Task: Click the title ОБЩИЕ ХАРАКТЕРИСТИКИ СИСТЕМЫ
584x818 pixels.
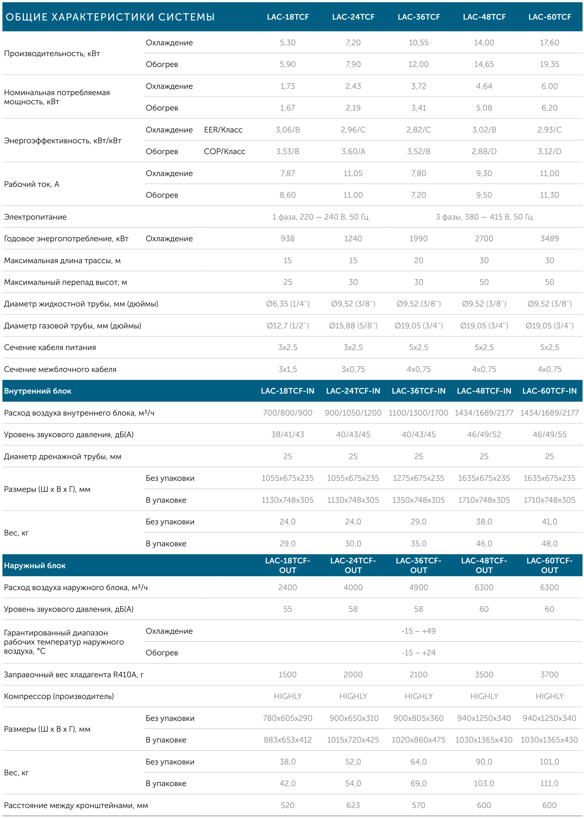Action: click(x=110, y=17)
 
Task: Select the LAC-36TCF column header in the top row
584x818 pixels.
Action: click(x=419, y=17)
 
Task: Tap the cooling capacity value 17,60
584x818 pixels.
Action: click(x=549, y=42)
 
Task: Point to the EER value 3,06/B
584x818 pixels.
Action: click(x=288, y=130)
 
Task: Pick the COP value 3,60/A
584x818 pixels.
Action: click(x=353, y=152)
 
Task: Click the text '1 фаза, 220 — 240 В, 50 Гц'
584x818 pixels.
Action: click(x=320, y=217)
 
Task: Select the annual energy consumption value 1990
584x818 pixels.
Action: click(x=419, y=239)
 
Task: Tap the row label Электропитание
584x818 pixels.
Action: click(x=35, y=217)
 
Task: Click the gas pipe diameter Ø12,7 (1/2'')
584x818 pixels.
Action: click(x=288, y=326)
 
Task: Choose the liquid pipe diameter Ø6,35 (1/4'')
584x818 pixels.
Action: click(x=288, y=304)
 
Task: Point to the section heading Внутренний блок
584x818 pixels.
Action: click(x=38, y=391)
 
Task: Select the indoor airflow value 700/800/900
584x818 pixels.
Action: click(x=288, y=413)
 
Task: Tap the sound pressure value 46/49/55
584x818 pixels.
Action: click(x=549, y=435)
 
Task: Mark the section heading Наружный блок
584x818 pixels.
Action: click(x=35, y=566)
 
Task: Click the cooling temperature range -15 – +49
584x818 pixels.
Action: click(x=419, y=631)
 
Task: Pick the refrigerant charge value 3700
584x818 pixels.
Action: click(x=549, y=674)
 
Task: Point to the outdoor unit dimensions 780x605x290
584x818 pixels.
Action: click(x=288, y=718)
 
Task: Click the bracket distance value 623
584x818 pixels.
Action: click(x=353, y=805)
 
